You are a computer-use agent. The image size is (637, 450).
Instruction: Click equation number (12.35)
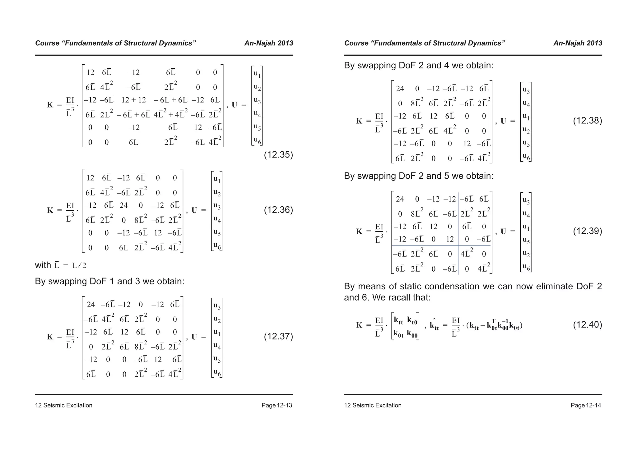click(278, 155)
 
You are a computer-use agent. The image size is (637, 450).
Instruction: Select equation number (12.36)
click(278, 210)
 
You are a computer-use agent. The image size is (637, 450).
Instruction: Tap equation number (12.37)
click(278, 337)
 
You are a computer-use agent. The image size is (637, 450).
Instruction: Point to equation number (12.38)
click(587, 121)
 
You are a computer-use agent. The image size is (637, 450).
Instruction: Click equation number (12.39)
click(587, 231)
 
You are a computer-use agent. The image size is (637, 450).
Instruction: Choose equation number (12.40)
click(587, 325)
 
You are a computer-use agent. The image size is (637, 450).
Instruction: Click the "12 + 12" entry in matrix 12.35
click(133, 100)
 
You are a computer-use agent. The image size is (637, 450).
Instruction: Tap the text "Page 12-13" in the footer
click(277, 405)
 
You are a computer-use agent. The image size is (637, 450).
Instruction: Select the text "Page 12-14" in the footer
click(586, 405)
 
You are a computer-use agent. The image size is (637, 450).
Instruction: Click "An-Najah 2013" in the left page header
click(268, 43)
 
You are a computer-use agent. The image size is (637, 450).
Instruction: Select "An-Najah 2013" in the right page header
click(578, 43)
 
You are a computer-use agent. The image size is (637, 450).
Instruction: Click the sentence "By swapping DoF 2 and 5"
click(418, 176)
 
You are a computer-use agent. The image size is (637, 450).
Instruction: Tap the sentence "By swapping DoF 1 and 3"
click(109, 281)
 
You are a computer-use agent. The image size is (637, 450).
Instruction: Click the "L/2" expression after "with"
click(79, 266)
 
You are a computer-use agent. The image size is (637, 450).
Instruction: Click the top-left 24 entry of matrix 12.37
click(91, 305)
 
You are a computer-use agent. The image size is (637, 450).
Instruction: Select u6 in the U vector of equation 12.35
click(257, 140)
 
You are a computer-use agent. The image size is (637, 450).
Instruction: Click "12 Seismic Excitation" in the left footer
click(63, 405)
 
